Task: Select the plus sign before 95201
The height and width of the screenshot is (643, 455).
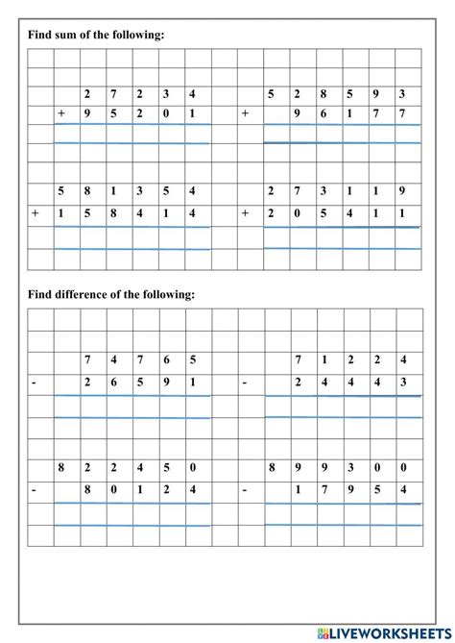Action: click(60, 114)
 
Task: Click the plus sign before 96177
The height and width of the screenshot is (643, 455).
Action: click(245, 114)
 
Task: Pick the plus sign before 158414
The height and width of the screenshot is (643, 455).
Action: click(35, 213)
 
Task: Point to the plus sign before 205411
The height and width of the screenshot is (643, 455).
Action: click(245, 213)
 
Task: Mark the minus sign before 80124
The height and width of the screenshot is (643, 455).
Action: click(35, 489)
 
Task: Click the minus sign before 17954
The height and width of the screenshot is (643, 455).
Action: click(245, 489)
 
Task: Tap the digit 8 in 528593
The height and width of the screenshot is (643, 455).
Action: click(323, 94)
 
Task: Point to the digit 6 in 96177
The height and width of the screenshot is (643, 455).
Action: click(323, 114)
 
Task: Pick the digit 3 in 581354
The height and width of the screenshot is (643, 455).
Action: click(140, 192)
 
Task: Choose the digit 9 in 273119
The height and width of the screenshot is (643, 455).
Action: click(403, 192)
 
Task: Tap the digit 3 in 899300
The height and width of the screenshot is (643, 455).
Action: click(350, 468)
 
